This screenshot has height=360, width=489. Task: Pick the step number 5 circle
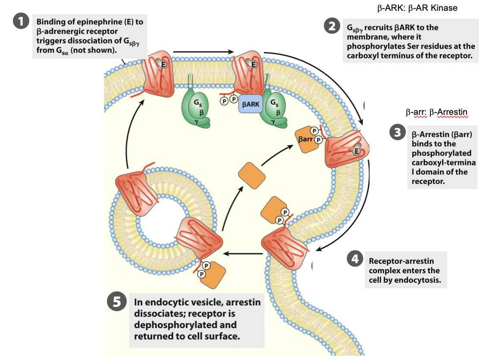[x=116, y=302]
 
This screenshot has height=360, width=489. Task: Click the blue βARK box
[x=251, y=104]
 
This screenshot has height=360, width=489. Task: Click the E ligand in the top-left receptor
[x=163, y=64]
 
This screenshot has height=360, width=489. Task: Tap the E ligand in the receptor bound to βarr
[x=356, y=151]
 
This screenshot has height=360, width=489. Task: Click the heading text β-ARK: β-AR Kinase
[x=417, y=8]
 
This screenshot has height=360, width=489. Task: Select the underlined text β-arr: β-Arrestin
[x=436, y=113]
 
